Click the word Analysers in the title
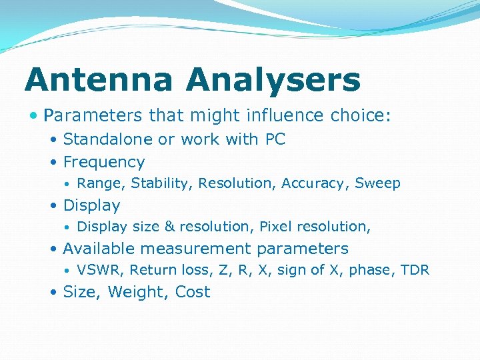[x=273, y=81]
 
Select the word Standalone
[x=108, y=139]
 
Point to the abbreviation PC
[x=275, y=139]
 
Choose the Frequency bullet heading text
[x=103, y=163]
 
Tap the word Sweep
[x=377, y=183]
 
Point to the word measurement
[x=201, y=249]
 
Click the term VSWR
[x=101, y=270]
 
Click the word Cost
[x=193, y=292]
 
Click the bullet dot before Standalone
[x=53, y=140]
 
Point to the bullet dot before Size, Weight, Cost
[x=53, y=293]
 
